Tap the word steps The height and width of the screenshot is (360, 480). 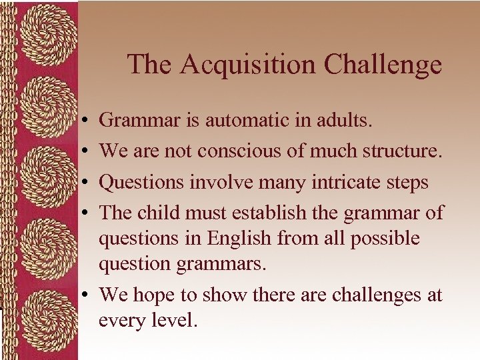(x=406, y=183)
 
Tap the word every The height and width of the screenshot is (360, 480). (x=121, y=321)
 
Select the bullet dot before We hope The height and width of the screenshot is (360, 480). (x=87, y=295)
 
